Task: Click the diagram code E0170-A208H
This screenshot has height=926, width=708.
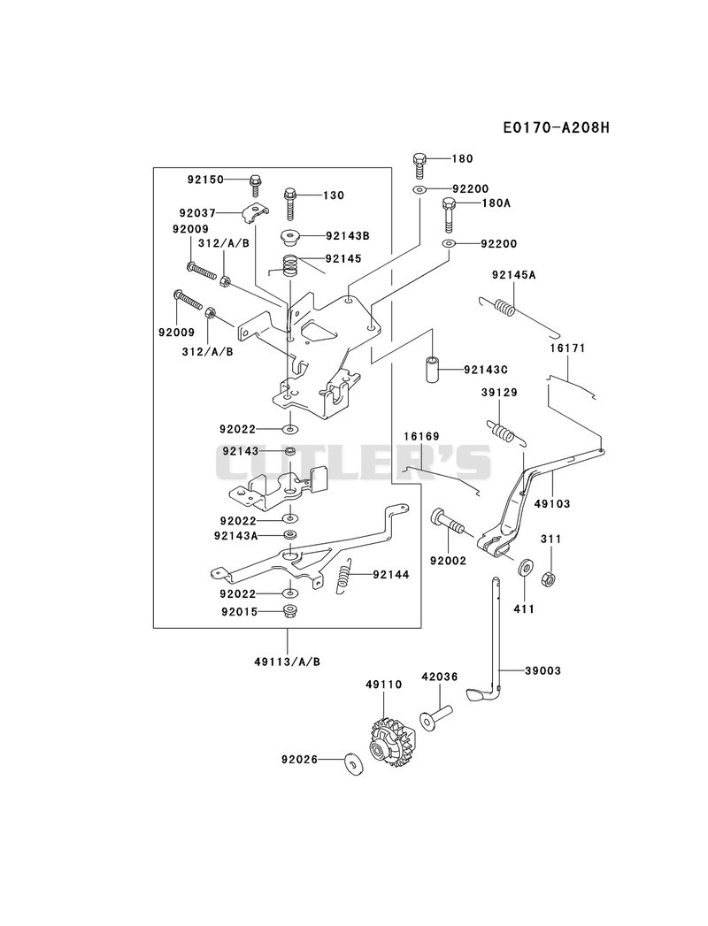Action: [556, 127]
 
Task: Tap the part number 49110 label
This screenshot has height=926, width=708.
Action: [383, 685]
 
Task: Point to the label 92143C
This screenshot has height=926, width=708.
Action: [486, 371]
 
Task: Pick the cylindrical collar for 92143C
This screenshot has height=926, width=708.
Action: [433, 369]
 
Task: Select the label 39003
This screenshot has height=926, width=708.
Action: [543, 671]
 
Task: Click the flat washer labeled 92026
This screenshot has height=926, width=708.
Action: [354, 763]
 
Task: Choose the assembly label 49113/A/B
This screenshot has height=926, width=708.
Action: [288, 662]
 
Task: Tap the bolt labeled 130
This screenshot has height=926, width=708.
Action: [290, 203]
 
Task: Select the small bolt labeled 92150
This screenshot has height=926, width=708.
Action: [256, 184]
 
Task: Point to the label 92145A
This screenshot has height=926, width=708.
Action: [512, 275]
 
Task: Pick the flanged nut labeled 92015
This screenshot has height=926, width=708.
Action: [289, 612]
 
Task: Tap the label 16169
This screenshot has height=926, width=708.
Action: [421, 436]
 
